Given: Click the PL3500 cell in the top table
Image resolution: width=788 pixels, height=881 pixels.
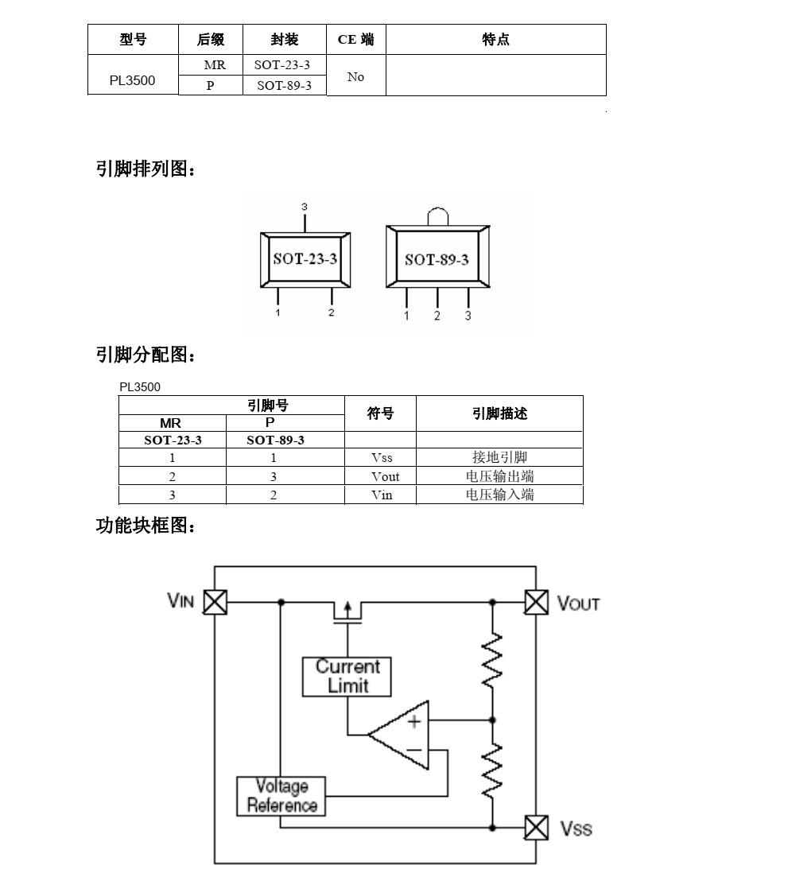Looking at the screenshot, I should [x=132, y=80].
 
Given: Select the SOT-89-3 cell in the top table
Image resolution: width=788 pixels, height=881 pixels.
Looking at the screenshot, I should [x=284, y=86].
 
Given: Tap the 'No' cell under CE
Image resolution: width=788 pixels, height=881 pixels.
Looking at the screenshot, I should [x=355, y=76].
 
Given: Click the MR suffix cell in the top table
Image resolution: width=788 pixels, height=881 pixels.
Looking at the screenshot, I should [x=210, y=65].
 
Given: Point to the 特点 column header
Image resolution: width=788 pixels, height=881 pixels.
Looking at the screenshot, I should [x=495, y=40].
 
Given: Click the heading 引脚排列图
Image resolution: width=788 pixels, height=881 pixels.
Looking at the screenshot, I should [x=145, y=169].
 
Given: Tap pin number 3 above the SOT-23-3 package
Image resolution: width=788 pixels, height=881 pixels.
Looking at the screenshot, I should [x=304, y=206].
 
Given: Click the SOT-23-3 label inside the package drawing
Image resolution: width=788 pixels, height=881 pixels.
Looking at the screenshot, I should [x=305, y=258].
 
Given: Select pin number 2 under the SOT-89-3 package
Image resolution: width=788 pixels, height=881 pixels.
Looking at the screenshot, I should [x=437, y=316].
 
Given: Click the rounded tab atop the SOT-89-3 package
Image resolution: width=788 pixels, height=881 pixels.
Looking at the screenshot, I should [x=437, y=216].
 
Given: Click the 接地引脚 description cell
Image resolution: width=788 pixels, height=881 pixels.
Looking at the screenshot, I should [x=499, y=458].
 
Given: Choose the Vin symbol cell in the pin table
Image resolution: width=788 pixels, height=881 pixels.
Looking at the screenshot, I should [x=382, y=495].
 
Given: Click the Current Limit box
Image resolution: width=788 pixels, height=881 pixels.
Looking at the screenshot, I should [x=347, y=676].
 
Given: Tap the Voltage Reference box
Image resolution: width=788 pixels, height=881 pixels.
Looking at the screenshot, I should [x=281, y=795].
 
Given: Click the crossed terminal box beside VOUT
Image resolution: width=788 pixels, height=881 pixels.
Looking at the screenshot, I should [x=537, y=602].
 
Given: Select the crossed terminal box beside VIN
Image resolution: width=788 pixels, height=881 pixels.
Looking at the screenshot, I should [x=215, y=602].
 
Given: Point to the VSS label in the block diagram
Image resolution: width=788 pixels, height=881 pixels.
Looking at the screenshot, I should [x=576, y=829].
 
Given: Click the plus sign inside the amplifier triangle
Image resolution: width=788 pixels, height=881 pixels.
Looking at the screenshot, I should [x=413, y=721].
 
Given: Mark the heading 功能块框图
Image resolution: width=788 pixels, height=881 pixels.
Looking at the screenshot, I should [x=145, y=526].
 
